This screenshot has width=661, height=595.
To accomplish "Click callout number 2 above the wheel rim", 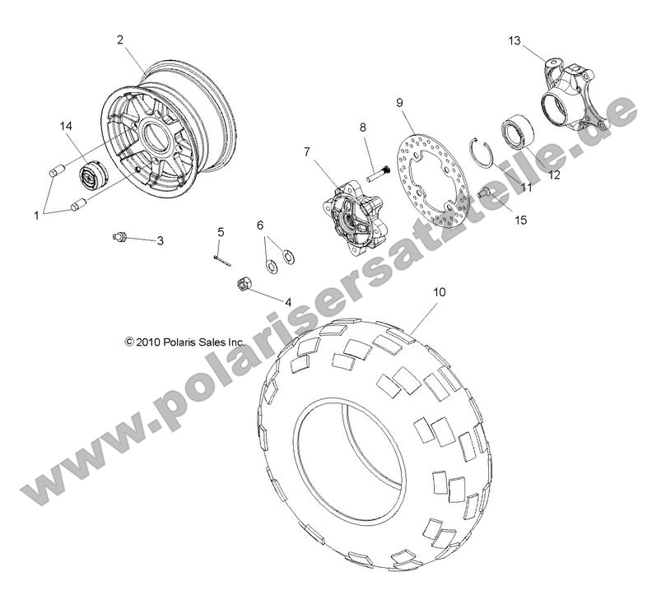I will coord(120,39).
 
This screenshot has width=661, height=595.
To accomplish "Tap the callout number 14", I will coord(66,126).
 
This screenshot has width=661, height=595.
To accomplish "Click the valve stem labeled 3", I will coord(120,237).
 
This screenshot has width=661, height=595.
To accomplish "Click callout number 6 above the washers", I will coord(259,225).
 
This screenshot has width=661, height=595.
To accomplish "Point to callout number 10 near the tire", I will coord(440,291).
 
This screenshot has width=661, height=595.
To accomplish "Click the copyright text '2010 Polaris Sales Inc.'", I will coord(174,340).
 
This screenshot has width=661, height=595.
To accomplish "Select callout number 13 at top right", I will coord(514,40).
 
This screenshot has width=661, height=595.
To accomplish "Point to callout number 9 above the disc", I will coord(398,102).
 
